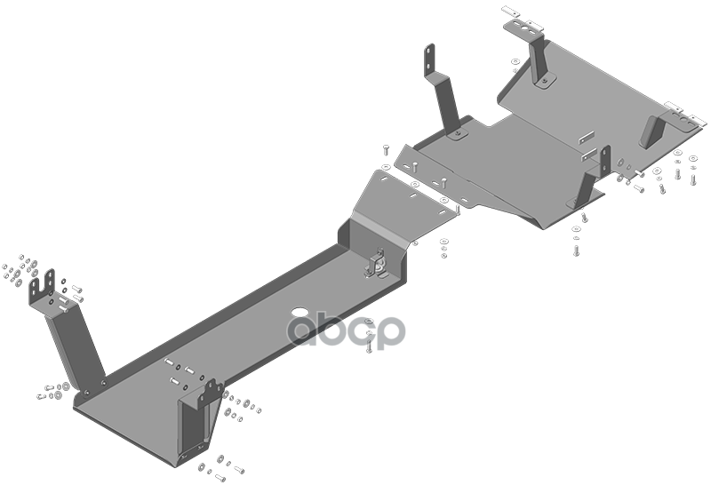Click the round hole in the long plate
coord(299,312)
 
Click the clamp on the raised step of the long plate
coord(376,264)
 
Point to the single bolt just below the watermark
coord(369,346)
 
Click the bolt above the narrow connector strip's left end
coord(387,148)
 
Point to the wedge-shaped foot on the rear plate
coord(651,131)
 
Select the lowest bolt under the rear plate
coord(576,250)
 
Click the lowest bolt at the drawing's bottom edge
coord(220,477)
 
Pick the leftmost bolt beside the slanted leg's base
coord(41,396)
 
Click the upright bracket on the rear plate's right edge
coord(589,179)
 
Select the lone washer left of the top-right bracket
coord(515,61)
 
